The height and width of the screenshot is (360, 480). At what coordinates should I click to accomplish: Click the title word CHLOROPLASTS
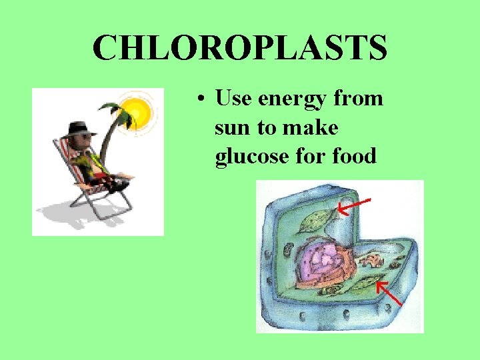point(240,48)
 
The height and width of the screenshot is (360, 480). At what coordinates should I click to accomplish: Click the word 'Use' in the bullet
point(233,99)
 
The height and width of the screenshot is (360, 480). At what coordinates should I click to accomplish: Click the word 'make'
point(313,127)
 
